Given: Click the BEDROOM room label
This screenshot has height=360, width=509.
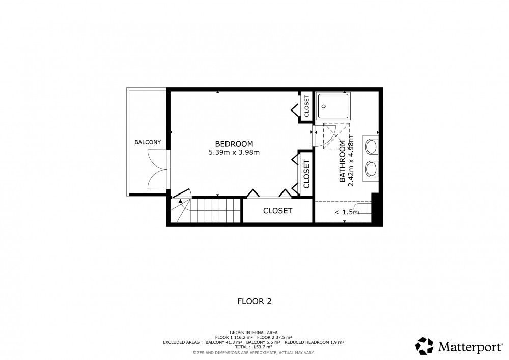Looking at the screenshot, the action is pyautogui.click(x=234, y=144).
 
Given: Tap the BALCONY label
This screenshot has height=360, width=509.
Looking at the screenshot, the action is pyautogui.click(x=148, y=142).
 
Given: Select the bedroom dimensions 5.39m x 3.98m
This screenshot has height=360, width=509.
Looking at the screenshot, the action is pyautogui.click(x=234, y=152).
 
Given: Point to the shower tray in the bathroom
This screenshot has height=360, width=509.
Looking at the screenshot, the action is pyautogui.click(x=334, y=106).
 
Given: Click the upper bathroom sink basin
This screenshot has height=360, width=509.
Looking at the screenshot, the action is pyautogui.click(x=372, y=147).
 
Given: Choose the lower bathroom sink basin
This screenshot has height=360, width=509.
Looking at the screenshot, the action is pyautogui.click(x=372, y=169).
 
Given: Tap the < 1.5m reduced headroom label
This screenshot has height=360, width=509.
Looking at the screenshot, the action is pyautogui.click(x=347, y=212).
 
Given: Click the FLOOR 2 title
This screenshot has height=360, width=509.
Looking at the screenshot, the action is pyautogui.click(x=254, y=301).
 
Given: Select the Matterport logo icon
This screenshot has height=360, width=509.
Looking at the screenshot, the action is pyautogui.click(x=425, y=346).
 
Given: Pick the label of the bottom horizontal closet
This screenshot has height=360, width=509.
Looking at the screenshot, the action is pyautogui.click(x=277, y=211).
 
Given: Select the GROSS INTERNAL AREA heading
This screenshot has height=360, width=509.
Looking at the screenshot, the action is pyautogui.click(x=253, y=333).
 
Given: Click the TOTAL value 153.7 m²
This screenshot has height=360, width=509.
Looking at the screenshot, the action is pyautogui.click(x=263, y=347).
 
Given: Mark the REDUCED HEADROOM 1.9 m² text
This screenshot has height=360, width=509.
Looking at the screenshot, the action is pyautogui.click(x=314, y=342).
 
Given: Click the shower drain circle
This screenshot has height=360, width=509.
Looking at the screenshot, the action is pyautogui.click(x=324, y=106).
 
